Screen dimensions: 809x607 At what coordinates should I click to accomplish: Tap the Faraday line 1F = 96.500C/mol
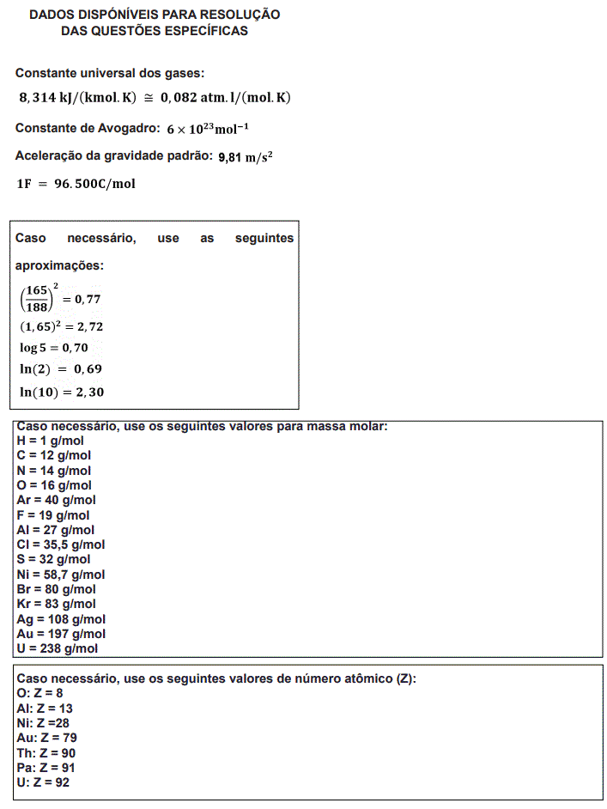[x=76, y=184]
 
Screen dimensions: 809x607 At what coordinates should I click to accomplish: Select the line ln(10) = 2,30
[x=62, y=391]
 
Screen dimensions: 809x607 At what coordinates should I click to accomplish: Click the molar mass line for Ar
[x=56, y=500]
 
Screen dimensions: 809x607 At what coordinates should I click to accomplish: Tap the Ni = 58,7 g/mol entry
[x=61, y=575]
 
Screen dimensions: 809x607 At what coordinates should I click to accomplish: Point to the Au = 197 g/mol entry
[x=61, y=634]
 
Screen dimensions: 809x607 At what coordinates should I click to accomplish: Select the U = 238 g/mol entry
[x=57, y=648]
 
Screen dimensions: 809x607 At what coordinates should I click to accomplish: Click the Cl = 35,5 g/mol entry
[x=61, y=544]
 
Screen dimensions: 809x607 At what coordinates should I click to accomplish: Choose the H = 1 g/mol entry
[x=50, y=441]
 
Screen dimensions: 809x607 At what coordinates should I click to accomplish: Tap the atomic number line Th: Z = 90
[x=46, y=752]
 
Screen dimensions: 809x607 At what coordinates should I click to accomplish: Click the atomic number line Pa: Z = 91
[x=46, y=767]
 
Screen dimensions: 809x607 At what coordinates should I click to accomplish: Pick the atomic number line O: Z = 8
[x=40, y=693]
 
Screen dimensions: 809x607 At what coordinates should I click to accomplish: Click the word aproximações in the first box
[x=59, y=266]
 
